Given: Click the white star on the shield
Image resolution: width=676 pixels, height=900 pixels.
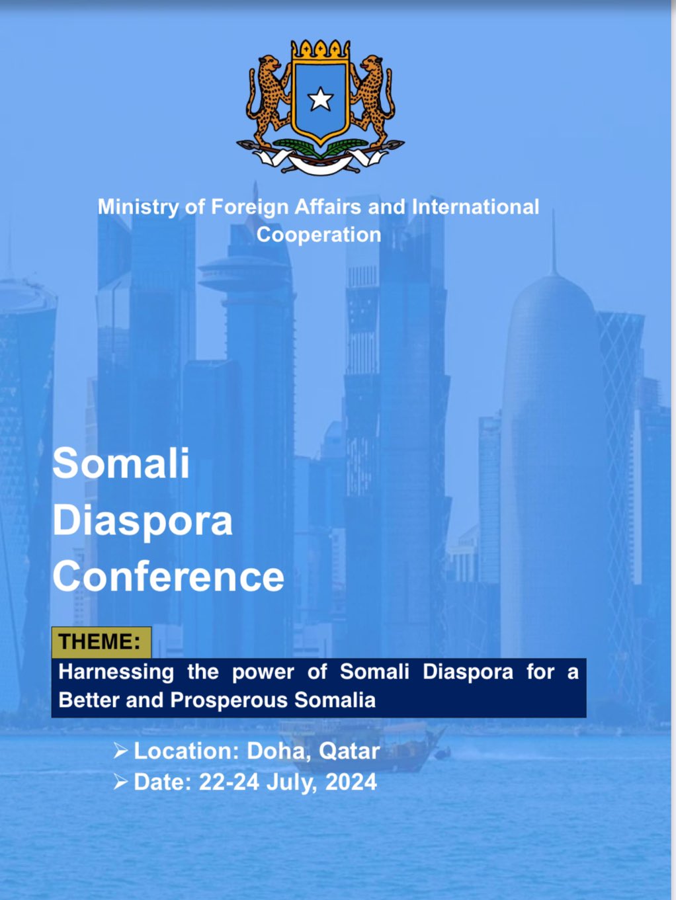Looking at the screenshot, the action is [320, 99].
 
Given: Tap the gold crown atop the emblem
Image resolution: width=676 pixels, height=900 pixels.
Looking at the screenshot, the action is [321, 50].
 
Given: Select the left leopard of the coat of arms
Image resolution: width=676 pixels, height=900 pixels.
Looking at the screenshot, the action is [268, 101].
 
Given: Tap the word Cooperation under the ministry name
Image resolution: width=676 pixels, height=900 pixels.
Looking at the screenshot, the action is [319, 235].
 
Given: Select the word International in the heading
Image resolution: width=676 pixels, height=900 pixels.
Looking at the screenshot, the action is [476, 207].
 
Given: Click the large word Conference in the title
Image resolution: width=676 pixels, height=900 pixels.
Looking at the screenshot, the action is [168, 576].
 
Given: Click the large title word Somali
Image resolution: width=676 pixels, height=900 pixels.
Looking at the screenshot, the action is [121, 464].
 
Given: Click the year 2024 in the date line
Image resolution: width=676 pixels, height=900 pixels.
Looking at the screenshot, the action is [351, 782].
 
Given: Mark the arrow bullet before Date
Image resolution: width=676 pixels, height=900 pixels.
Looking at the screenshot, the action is [120, 782].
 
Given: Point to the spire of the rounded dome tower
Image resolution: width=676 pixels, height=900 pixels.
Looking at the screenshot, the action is [554, 242].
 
